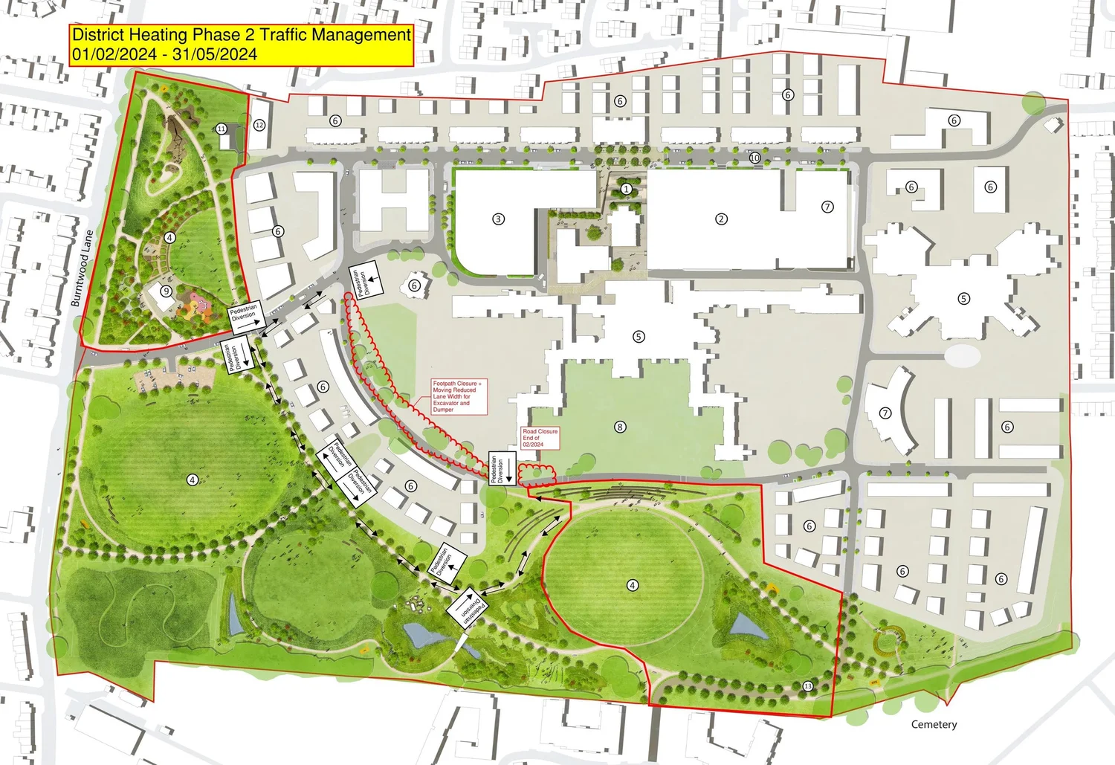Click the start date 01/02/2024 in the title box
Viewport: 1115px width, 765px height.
click(114, 54)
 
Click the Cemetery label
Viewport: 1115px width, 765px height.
click(934, 724)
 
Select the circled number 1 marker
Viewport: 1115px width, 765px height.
click(626, 190)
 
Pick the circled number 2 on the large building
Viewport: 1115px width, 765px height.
click(720, 219)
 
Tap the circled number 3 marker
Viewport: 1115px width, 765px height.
click(498, 219)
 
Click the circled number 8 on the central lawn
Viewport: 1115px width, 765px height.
click(620, 427)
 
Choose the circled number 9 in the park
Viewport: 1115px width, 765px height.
click(167, 291)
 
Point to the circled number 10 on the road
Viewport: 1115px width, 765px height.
click(754, 158)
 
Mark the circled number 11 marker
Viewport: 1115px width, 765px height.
click(222, 129)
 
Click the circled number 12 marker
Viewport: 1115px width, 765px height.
click(259, 125)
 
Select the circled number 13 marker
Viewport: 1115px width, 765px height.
click(808, 686)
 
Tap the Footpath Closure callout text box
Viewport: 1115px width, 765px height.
click(459, 397)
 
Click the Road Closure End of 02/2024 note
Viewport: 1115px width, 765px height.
click(540, 438)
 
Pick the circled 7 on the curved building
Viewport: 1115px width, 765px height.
click(885, 413)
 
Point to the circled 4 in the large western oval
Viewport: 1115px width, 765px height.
click(192, 480)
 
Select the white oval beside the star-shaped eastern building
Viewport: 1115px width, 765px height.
click(962, 355)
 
